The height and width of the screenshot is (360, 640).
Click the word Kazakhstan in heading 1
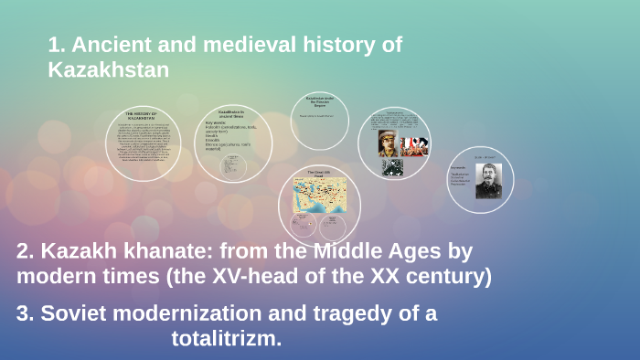[109, 69]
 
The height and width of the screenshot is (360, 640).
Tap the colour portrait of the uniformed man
[390, 143]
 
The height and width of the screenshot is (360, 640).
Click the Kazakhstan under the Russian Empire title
[321, 101]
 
